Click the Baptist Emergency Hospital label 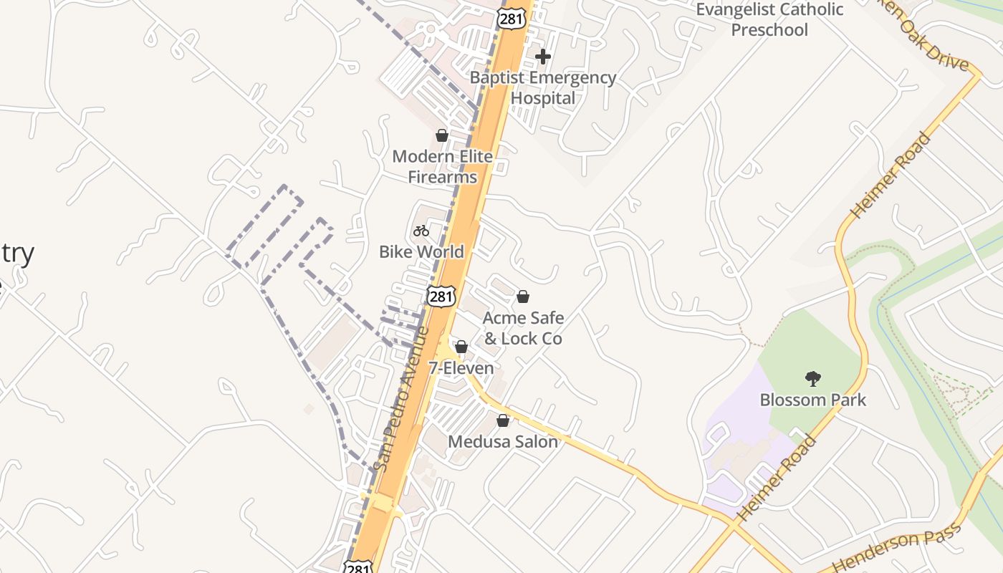542,87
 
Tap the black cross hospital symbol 543,56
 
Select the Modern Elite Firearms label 442,166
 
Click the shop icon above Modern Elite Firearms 442,135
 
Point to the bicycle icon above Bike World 421,231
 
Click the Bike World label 421,251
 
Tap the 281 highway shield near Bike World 441,296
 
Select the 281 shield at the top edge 511,19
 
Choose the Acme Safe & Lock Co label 523,327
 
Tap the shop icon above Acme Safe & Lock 523,297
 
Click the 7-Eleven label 461,368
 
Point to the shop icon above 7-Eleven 461,347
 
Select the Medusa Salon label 503,441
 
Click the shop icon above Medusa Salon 503,420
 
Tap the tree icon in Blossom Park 812,378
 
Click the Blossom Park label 812,400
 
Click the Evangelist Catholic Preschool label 769,19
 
